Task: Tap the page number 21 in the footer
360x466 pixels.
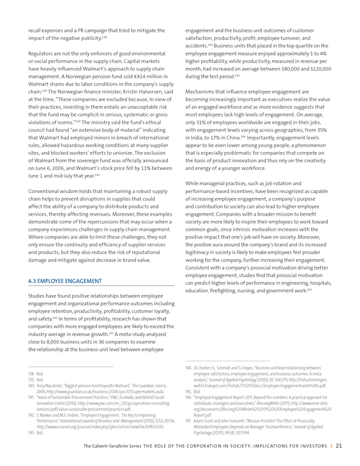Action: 339,446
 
